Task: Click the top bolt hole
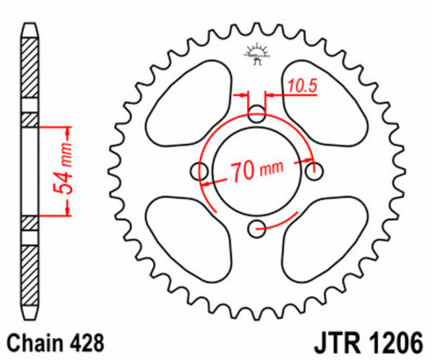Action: [257, 114]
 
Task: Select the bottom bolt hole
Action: [257, 230]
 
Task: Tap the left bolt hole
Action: [198, 170]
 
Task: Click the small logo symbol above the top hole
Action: [257, 53]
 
